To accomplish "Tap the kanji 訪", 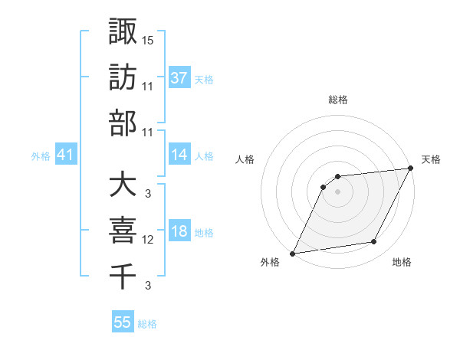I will coord(123,77).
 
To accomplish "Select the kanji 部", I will coord(123,123).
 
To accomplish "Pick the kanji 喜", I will coord(123,231).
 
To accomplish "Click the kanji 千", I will coord(123,276).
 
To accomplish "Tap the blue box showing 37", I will coord(179,77).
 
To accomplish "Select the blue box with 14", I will coord(179,155).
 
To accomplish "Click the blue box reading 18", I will coord(179,232).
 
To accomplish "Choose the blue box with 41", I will coord(65,155).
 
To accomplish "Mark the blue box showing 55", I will coord(123,322).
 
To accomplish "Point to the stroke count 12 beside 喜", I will coord(148,240).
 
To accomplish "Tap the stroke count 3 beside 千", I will coord(147,286).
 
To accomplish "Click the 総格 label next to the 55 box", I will coord(147,324).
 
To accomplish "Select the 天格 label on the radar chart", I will coord(431,159).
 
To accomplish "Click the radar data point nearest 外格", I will coord(292,254).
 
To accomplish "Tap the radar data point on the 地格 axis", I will coord(374,242).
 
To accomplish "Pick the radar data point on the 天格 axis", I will coord(412,169).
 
